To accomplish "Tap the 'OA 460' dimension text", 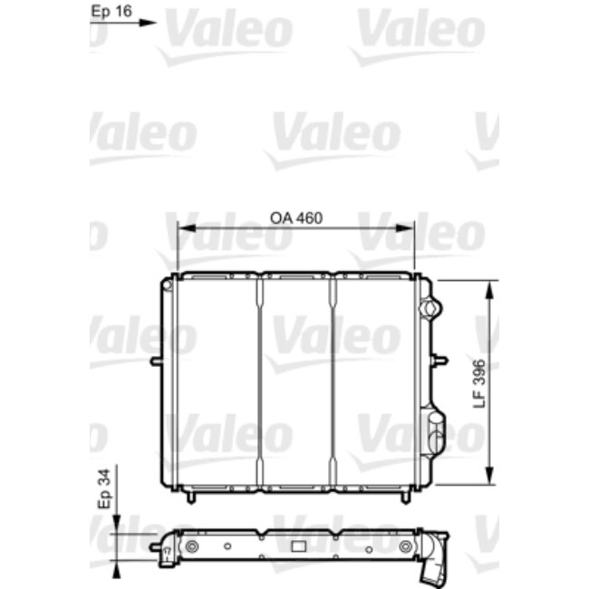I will tap(296, 218).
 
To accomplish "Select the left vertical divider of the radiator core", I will tap(260, 381).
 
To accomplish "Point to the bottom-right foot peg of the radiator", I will tap(402, 499).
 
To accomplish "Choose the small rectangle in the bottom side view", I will tap(297, 547).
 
